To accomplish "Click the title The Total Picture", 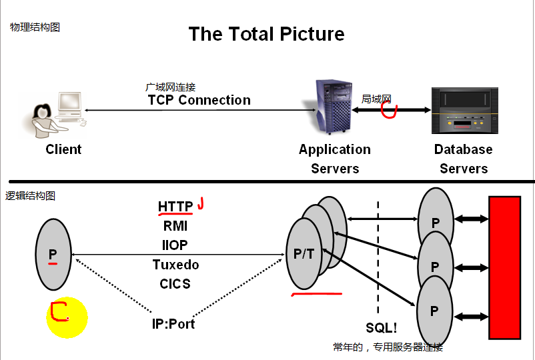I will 266,34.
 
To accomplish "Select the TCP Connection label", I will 199,101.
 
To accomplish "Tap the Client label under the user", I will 63,149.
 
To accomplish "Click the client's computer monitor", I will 69,102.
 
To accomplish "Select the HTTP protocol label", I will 175,207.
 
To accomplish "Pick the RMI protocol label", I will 175,226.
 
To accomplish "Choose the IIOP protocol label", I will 175,245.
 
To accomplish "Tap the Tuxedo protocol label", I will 175,265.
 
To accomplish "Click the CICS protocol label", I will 175,283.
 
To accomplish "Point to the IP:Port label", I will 173,325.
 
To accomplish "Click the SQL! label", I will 382,328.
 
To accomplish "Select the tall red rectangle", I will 504,267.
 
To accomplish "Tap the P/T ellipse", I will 304,254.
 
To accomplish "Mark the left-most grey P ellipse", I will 53,254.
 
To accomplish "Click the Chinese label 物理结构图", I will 35,27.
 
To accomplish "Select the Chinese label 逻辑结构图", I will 30,196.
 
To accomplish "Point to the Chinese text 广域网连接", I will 170,87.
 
